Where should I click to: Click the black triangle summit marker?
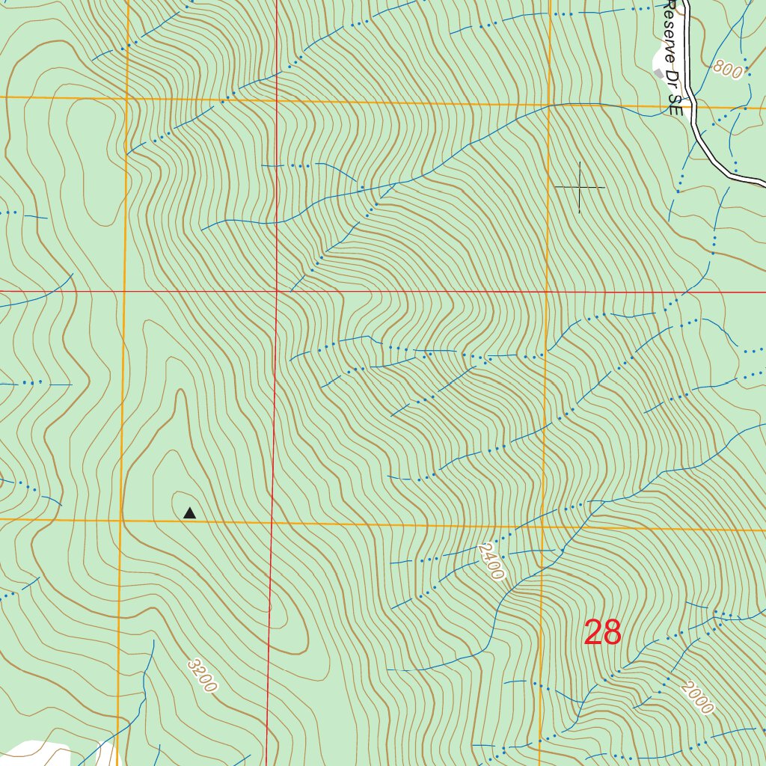click(189, 513)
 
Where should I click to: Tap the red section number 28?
click(602, 633)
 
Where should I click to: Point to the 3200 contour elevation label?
click(202, 675)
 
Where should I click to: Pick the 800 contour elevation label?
click(727, 70)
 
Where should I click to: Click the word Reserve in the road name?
click(668, 30)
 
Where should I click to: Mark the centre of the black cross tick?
click(580, 186)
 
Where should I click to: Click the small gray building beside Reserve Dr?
click(658, 73)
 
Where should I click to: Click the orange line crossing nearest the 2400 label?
click(542, 526)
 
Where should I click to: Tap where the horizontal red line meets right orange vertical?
click(547, 291)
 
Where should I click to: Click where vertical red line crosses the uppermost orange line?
click(276, 100)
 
